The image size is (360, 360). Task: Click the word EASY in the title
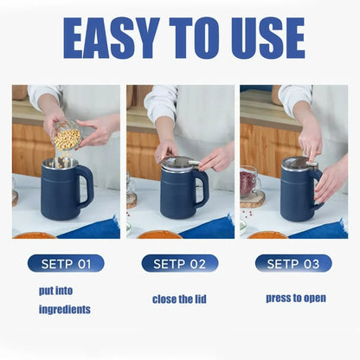click(108, 39)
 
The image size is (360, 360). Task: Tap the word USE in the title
click(259, 39)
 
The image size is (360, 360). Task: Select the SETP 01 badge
click(66, 263)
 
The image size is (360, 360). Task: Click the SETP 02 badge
click(179, 263)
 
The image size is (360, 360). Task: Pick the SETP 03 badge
click(293, 263)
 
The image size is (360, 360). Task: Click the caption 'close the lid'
click(179, 299)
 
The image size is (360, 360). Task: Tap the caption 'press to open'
click(296, 298)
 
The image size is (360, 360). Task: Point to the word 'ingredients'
click(65, 309)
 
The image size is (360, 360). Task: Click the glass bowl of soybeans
click(67, 137)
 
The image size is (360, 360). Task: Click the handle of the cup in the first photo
click(86, 186)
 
